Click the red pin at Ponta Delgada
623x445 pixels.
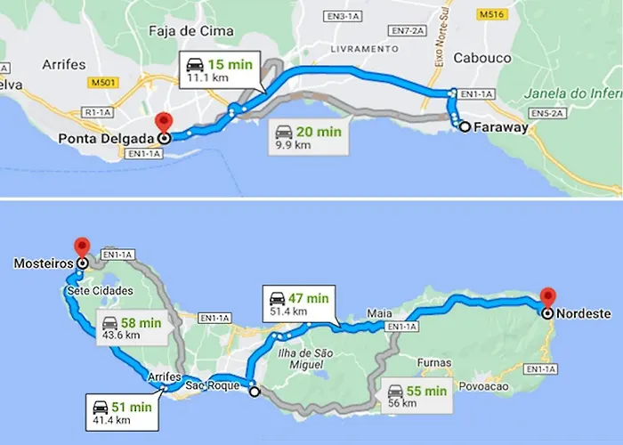point(163,124)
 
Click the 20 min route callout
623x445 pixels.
point(307,138)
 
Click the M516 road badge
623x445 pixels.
point(490,15)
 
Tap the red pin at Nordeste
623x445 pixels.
point(546,297)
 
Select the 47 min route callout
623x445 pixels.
point(299,303)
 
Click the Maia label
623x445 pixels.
point(378,314)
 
